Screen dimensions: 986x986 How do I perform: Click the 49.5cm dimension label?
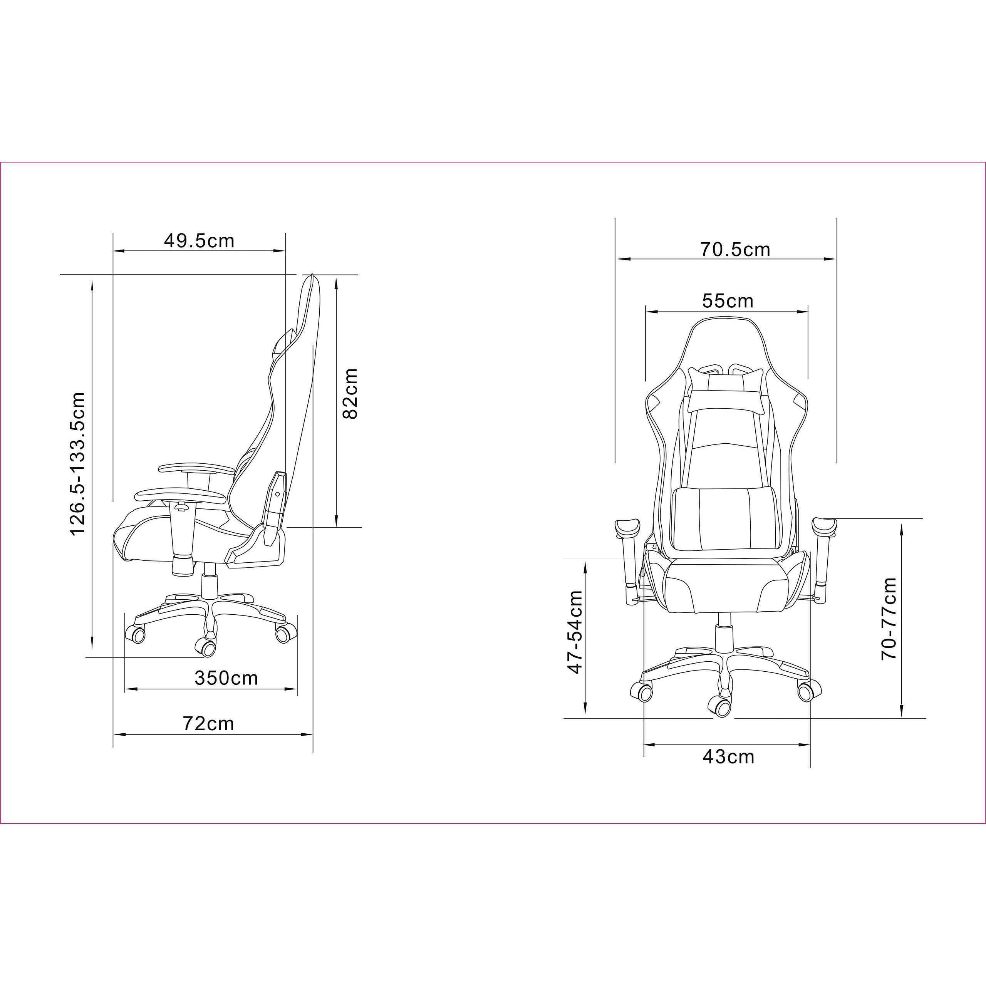pyautogui.click(x=199, y=240)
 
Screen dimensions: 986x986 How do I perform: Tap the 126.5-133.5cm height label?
pyautogui.click(x=77, y=464)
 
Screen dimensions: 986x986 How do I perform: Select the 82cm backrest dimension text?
pyautogui.click(x=350, y=394)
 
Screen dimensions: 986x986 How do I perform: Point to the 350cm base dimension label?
pyautogui.click(x=226, y=678)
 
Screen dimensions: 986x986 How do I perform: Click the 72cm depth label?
pyautogui.click(x=208, y=723)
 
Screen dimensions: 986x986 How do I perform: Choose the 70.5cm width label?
pyautogui.click(x=735, y=249)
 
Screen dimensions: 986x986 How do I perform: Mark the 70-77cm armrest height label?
pyautogui.click(x=889, y=619)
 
